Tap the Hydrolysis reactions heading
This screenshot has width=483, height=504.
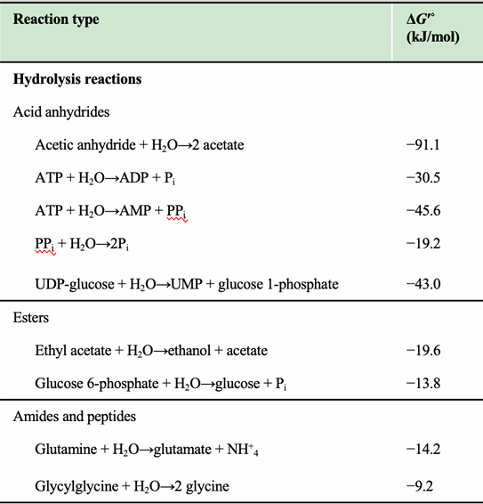77,79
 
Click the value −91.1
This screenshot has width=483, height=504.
424,145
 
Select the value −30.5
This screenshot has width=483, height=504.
424,178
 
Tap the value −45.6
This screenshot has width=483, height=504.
424,211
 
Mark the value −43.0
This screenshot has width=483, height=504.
424,284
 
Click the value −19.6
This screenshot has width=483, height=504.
424,352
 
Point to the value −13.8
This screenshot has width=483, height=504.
424,385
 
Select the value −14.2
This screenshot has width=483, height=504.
424,452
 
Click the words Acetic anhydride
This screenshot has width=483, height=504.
79,145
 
